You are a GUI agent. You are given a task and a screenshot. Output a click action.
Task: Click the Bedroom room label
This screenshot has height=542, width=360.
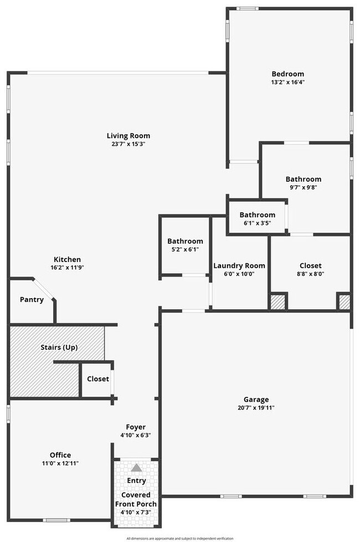(287, 74)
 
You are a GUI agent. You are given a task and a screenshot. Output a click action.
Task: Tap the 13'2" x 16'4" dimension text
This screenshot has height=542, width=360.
(287, 82)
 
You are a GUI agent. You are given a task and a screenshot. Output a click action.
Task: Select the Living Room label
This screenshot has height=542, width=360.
(128, 136)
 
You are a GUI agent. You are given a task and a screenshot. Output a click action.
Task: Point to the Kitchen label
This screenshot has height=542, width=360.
(67, 259)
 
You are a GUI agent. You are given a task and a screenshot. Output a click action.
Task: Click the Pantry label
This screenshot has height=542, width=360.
(32, 299)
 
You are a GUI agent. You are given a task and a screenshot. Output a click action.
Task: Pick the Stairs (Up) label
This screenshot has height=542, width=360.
(59, 347)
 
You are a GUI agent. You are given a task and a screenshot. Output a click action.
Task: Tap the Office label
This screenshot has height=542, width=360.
(60, 455)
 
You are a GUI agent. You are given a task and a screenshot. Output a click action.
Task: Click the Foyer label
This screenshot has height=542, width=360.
(136, 427)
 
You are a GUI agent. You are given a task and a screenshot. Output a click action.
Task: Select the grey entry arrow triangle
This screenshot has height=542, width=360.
(136, 468)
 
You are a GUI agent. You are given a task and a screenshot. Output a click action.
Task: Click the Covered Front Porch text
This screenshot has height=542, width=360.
(136, 499)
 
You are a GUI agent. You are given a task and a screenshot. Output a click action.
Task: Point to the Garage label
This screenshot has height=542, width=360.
(256, 399)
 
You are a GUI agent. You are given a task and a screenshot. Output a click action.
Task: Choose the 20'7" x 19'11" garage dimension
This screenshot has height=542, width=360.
(256, 407)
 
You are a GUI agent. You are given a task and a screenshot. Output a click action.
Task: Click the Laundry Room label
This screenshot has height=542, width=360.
(239, 265)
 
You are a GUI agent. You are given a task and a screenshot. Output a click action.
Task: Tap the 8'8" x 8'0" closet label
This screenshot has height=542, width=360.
(310, 273)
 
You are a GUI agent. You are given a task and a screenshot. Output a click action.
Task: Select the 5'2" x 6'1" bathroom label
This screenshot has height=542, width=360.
(185, 249)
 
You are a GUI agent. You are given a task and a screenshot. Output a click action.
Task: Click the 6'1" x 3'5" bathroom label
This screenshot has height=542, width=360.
(257, 223)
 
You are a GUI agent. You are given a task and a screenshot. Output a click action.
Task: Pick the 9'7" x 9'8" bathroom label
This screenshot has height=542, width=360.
(303, 187)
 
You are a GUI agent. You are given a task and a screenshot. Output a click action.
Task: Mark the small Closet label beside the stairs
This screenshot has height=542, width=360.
(98, 379)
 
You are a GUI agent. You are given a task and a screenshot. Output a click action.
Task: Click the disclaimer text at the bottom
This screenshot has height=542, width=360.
(180, 538)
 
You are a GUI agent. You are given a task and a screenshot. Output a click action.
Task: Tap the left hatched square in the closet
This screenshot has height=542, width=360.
(277, 302)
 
